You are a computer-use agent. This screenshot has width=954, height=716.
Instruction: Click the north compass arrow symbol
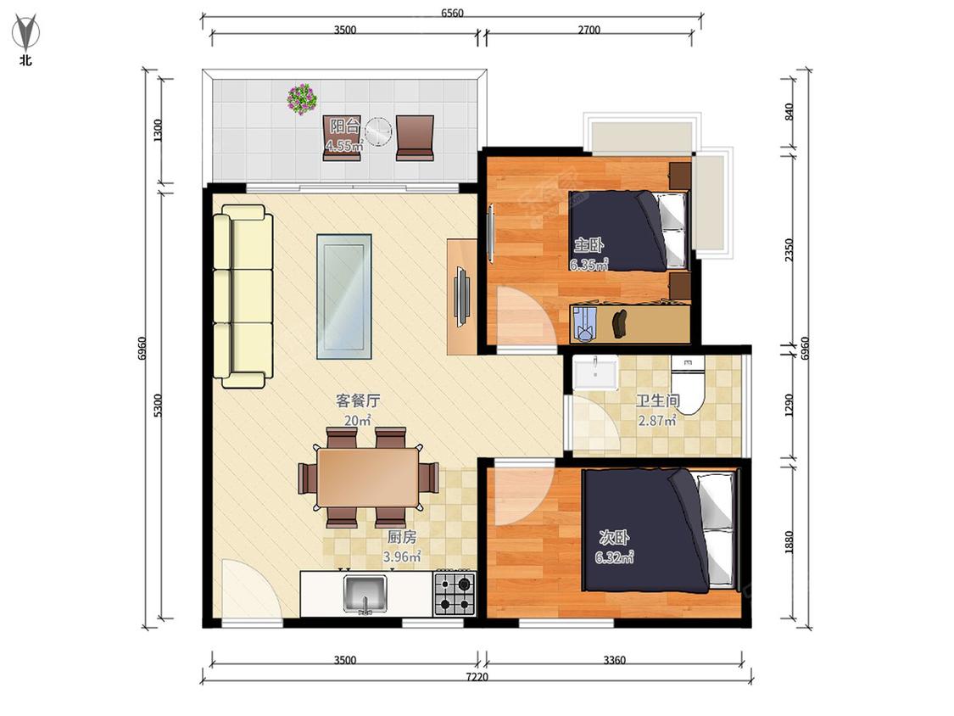click(x=25, y=33)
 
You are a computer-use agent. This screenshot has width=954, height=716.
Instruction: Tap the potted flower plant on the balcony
click(x=303, y=98)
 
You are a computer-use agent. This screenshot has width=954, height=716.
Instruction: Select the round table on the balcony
click(x=378, y=131)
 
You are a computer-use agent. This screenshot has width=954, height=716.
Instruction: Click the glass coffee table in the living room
click(x=343, y=296)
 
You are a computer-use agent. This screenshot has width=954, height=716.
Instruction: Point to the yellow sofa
click(x=243, y=296)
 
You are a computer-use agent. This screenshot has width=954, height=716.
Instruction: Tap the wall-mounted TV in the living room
click(x=462, y=297)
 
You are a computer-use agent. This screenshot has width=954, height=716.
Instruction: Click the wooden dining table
click(x=368, y=477)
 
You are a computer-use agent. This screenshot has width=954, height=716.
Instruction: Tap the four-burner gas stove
click(x=455, y=594)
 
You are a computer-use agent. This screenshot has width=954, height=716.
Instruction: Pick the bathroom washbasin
click(x=595, y=372)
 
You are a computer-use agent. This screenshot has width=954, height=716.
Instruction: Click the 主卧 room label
click(x=589, y=245)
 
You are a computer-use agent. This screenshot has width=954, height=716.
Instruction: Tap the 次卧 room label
click(x=615, y=538)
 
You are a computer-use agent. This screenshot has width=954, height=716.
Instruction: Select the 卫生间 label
click(x=658, y=400)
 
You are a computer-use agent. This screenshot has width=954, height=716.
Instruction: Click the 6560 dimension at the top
click(x=452, y=13)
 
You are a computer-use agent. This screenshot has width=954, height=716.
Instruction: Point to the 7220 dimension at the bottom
click(x=477, y=676)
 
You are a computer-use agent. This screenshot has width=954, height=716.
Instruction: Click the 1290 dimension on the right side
click(x=789, y=406)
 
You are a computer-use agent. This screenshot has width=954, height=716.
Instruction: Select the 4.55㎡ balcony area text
click(x=344, y=146)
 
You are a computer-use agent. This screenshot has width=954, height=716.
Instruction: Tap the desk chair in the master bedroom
click(x=584, y=325)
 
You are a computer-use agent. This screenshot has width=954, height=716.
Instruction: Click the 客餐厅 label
click(x=359, y=400)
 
